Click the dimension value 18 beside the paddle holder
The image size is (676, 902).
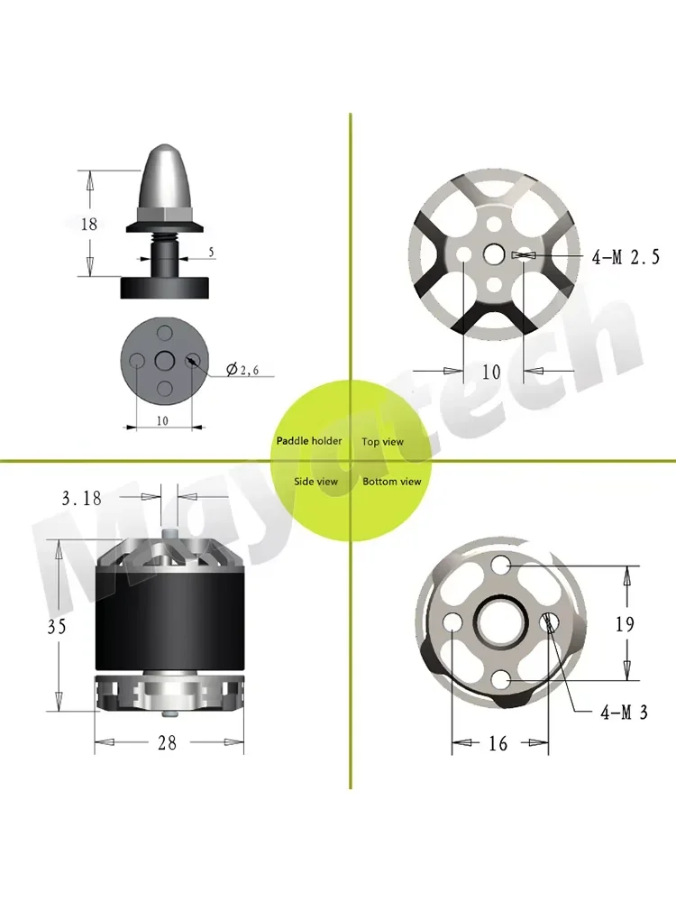pyautogui.click(x=88, y=224)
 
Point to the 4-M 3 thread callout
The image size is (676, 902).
pyautogui.click(x=624, y=713)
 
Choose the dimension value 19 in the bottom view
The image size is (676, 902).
pyautogui.click(x=624, y=623)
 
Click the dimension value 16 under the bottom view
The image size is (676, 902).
pyautogui.click(x=498, y=743)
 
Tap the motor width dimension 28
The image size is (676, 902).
pyautogui.click(x=168, y=742)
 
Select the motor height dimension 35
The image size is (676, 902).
pyautogui.click(x=57, y=626)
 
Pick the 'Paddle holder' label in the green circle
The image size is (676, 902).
pyautogui.click(x=309, y=441)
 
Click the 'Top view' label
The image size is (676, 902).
pyautogui.click(x=383, y=442)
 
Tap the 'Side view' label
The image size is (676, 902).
pyautogui.click(x=315, y=482)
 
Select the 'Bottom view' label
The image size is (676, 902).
pyautogui.click(x=392, y=482)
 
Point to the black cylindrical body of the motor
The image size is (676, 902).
pyautogui.click(x=169, y=622)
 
